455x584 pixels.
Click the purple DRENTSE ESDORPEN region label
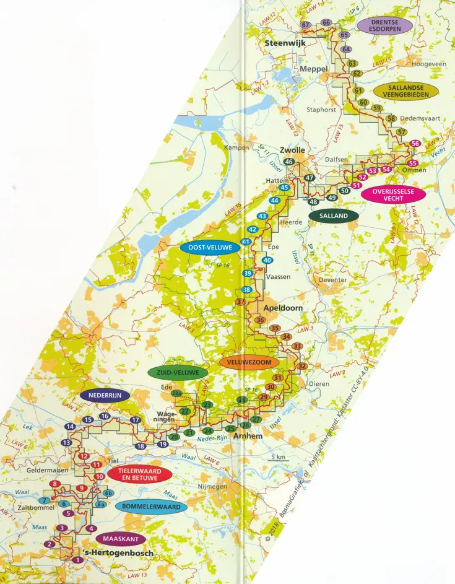384,25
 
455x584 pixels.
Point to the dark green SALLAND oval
334,216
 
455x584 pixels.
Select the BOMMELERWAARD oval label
151,507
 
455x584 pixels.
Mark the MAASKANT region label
121,539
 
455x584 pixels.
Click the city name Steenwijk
281,43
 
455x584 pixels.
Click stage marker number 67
305,24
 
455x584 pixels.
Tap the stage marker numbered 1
77,560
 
